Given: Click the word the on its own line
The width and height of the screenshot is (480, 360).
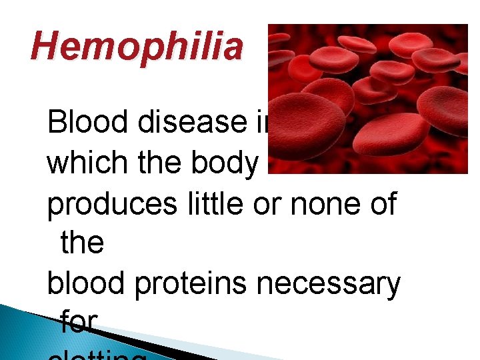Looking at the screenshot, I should pos(82,243).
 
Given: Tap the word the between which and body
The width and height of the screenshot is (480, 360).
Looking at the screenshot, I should pos(155,164).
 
